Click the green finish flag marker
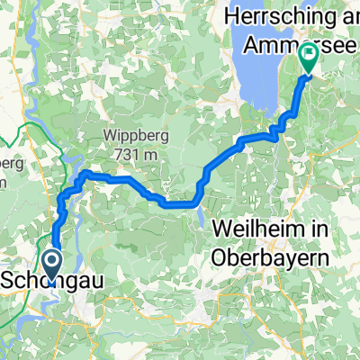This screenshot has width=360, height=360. (x=309, y=58)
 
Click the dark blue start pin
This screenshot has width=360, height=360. (x=50, y=267)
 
